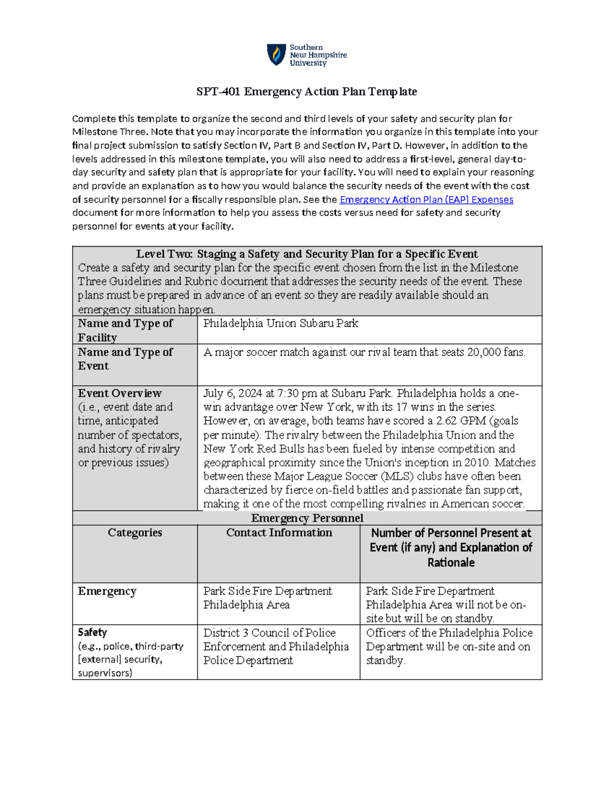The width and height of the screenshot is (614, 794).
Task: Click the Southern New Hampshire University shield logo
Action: tap(276, 55)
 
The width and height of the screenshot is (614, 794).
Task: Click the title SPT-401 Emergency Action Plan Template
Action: tap(306, 92)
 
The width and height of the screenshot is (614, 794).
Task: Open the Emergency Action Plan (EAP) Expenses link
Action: tap(426, 199)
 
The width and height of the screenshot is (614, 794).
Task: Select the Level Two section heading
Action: tap(306, 254)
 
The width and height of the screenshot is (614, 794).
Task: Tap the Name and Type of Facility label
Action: tap(125, 330)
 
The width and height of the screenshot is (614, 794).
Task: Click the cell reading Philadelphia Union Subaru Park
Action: tap(280, 323)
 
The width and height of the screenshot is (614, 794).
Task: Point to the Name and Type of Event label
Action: tap(125, 359)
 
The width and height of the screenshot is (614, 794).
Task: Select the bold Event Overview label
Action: tap(119, 393)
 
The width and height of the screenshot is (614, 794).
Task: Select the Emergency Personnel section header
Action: tap(307, 518)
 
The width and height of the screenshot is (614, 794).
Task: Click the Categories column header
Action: tap(135, 533)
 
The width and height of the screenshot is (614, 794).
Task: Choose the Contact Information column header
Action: tap(279, 533)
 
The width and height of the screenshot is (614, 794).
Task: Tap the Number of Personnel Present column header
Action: tap(451, 548)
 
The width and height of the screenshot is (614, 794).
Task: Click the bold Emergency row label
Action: tap(107, 591)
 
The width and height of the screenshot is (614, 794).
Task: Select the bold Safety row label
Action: tap(92, 632)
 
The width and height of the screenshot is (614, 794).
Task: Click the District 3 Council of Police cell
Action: tap(269, 633)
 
